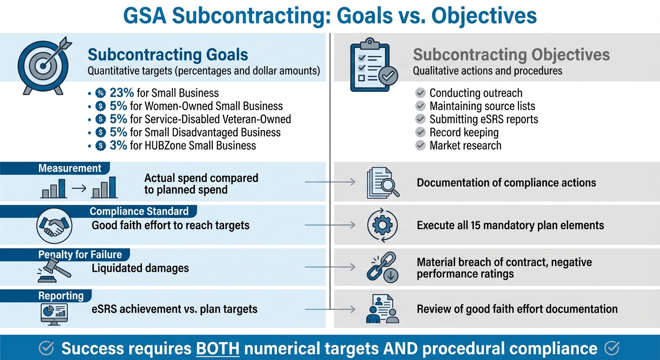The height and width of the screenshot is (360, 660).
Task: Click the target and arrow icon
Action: (43, 65)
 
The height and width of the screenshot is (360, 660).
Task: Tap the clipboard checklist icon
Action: (374, 67)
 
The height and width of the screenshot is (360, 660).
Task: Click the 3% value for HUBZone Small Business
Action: (118, 145)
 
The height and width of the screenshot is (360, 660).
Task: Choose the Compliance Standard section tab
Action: (139, 211)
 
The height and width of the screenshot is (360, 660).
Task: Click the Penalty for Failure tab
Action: (80, 255)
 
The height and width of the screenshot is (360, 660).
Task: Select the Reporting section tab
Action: (60, 296)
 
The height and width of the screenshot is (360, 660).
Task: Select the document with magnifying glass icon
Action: (382, 183)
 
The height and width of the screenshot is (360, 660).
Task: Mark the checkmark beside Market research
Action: (420, 145)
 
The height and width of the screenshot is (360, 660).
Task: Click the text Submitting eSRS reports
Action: (484, 119)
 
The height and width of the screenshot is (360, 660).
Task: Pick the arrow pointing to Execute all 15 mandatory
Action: (330, 225)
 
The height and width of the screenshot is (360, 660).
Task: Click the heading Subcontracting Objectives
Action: (511, 55)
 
